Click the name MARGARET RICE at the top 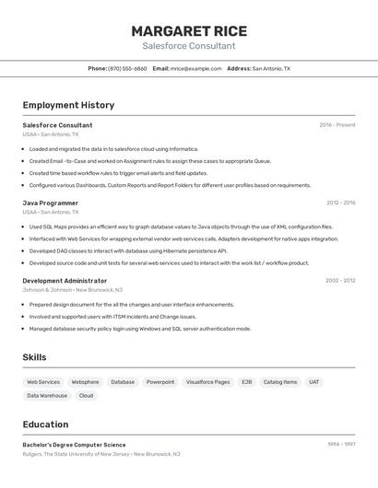point(188,30)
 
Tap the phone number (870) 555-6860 point(127,68)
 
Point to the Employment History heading point(68,105)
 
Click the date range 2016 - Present point(337,125)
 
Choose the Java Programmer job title point(50,203)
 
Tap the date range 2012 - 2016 point(340,203)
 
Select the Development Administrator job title point(65,280)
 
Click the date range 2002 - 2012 point(340,280)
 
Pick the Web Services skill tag point(43,381)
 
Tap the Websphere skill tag point(86,381)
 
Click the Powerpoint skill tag point(160,381)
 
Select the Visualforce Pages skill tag point(207,381)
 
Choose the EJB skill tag point(247,381)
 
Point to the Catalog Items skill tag point(280,381)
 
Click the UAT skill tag point(314,381)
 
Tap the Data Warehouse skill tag point(47,396)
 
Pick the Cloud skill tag point(86,396)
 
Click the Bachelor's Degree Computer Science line point(74,445)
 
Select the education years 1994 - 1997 point(341,445)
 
